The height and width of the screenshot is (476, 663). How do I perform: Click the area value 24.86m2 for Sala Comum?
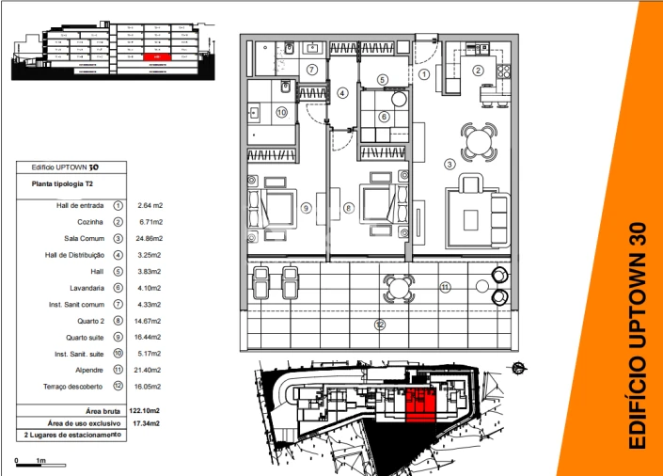pyautogui.click(x=150, y=238)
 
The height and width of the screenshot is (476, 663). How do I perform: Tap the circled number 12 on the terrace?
pyautogui.click(x=380, y=325)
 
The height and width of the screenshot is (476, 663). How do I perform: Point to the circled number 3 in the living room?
pyautogui.click(x=450, y=165)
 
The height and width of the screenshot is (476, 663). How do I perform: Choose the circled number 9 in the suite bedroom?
pyautogui.click(x=305, y=208)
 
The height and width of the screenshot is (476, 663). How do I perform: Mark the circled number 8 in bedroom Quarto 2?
pyautogui.click(x=348, y=208)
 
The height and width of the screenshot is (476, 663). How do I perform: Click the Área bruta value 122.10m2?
pyautogui.click(x=144, y=411)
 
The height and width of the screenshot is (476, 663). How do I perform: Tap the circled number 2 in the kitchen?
pyautogui.click(x=478, y=71)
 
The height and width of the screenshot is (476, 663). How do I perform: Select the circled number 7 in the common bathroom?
pyautogui.click(x=311, y=70)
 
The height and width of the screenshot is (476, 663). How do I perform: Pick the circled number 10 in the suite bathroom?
pyautogui.click(x=280, y=112)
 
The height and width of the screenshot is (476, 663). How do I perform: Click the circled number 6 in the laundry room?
pyautogui.click(x=383, y=117)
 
